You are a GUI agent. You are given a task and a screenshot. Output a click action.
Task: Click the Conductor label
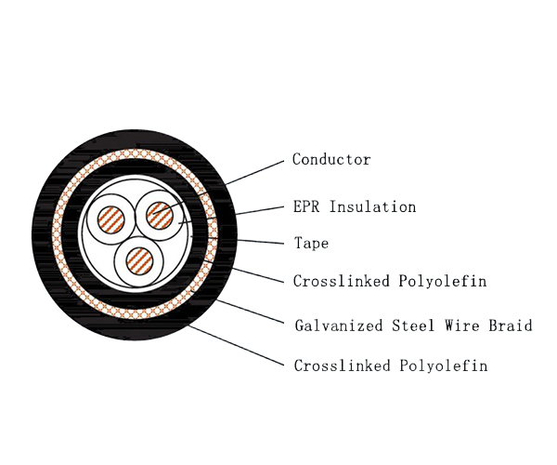[331, 160]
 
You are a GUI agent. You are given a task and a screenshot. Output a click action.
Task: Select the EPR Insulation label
[354, 206]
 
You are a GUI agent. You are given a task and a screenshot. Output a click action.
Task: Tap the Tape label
[311, 244]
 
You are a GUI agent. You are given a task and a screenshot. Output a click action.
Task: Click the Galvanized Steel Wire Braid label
[413, 325]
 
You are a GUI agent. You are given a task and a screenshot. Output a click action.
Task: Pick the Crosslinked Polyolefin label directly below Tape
[390, 281]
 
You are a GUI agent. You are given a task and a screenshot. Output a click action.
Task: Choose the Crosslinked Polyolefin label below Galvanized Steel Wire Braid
[390, 365]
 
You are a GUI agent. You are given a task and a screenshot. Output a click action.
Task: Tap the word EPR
[305, 206]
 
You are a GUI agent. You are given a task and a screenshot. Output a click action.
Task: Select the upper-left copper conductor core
[111, 221]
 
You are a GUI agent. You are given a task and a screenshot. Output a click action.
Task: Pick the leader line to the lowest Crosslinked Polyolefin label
[237, 346]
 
